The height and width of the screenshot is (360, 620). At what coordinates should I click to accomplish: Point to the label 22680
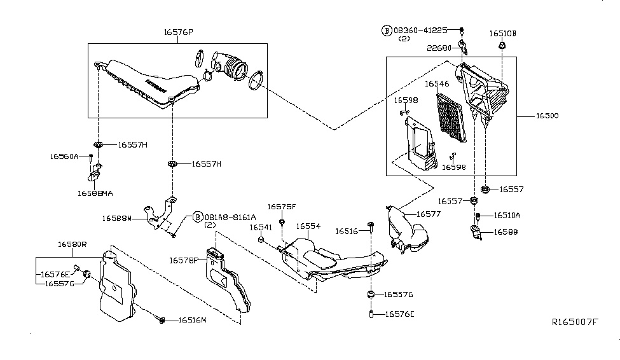click(x=439, y=48)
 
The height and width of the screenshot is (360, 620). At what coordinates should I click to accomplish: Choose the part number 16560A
click(x=64, y=156)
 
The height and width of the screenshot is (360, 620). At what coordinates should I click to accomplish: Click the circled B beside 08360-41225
click(x=386, y=30)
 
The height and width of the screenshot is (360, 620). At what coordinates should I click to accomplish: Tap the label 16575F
click(x=281, y=207)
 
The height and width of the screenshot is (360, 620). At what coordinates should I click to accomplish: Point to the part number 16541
click(x=261, y=227)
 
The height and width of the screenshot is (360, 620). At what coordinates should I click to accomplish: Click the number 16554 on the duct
click(x=308, y=226)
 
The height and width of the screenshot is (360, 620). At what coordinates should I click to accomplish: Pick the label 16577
click(x=429, y=214)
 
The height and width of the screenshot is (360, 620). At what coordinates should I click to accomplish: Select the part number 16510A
click(x=507, y=216)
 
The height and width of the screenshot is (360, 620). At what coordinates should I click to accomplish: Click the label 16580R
click(x=72, y=244)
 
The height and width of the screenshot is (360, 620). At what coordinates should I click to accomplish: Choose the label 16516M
click(x=193, y=320)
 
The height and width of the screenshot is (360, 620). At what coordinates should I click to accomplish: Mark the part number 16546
click(x=437, y=83)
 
